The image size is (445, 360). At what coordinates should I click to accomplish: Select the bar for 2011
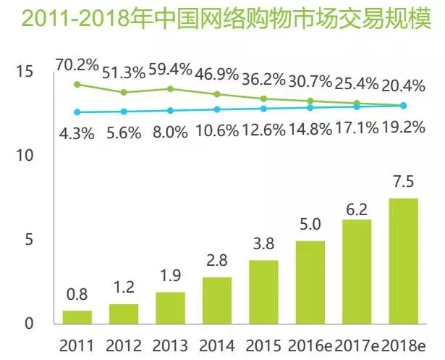tap(77, 317)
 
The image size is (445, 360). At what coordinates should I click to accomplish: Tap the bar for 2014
tap(217, 300)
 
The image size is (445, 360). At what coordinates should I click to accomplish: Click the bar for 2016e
tap(310, 282)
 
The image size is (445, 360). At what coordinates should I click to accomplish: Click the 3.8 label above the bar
tap(263, 246)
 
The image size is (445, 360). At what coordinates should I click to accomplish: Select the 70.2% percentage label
tap(77, 67)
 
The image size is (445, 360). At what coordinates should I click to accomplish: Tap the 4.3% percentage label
tap(77, 133)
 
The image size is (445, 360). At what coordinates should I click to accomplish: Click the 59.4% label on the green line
tap(171, 71)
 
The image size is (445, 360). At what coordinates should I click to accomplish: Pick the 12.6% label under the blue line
tap(263, 133)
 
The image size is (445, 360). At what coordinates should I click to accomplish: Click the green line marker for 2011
tap(77, 84)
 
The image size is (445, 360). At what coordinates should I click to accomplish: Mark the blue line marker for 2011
tap(77, 112)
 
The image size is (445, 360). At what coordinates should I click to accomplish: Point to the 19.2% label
tap(403, 133)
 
